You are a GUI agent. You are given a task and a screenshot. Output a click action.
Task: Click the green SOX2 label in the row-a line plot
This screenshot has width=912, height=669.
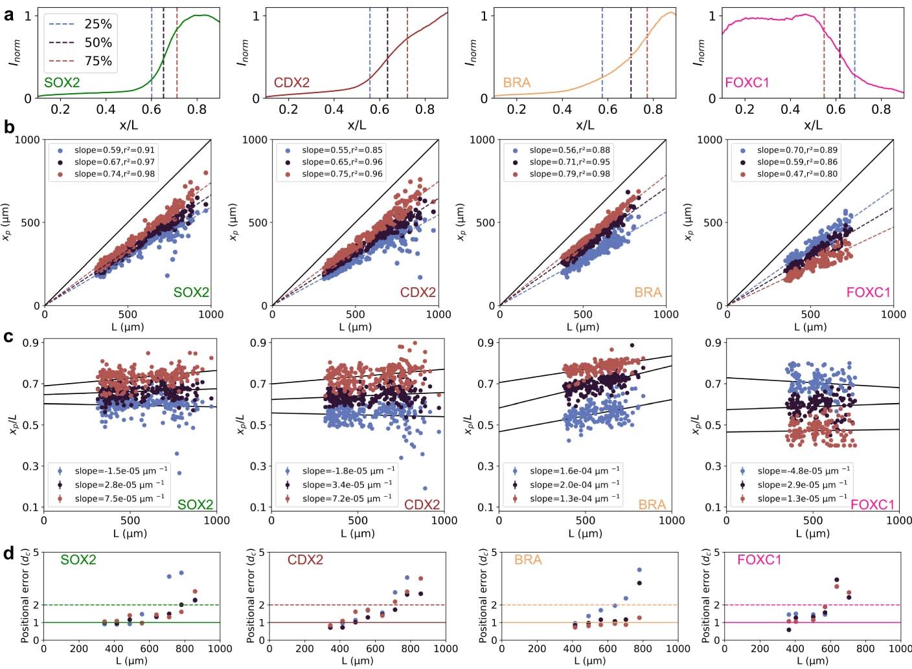point(62,82)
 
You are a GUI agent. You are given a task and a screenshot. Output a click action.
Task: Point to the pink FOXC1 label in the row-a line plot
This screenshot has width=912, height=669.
point(747,82)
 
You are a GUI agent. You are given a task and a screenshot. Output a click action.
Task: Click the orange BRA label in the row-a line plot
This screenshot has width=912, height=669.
point(517,82)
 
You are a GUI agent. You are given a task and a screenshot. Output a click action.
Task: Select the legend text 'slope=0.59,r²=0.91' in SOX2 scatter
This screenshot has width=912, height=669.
point(115,150)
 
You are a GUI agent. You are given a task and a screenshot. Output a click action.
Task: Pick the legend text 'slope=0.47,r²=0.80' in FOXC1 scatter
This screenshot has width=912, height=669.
point(797,174)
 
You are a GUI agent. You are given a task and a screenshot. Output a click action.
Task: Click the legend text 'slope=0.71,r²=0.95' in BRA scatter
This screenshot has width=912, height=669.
point(569,162)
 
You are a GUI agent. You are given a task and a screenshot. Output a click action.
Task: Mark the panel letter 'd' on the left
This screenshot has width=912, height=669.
point(8,553)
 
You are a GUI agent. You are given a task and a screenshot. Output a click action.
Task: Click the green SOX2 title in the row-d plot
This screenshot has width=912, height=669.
point(78,560)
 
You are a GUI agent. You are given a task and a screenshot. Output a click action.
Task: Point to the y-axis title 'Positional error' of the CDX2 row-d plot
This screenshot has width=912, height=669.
point(251,595)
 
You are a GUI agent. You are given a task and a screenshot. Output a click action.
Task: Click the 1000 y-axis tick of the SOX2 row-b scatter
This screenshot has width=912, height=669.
point(27,140)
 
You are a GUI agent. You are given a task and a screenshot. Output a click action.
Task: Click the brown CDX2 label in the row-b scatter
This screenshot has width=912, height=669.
point(418,292)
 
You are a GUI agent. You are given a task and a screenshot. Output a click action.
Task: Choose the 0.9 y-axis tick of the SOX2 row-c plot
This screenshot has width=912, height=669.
point(30,343)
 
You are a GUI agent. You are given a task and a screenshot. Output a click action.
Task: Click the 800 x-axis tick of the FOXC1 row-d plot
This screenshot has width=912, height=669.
point(865,648)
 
